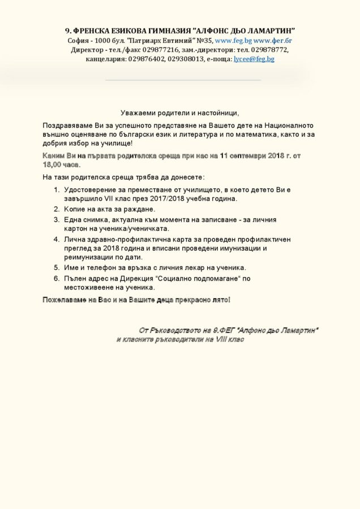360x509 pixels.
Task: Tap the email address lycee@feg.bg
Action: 254,59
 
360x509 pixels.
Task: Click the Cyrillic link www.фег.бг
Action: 272,41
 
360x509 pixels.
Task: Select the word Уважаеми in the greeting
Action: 139,113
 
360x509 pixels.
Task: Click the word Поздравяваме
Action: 68,125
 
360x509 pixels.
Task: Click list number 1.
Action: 57,189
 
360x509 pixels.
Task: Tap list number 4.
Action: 57,239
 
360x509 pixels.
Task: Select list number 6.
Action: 57,278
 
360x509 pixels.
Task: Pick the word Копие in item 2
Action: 75,209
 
